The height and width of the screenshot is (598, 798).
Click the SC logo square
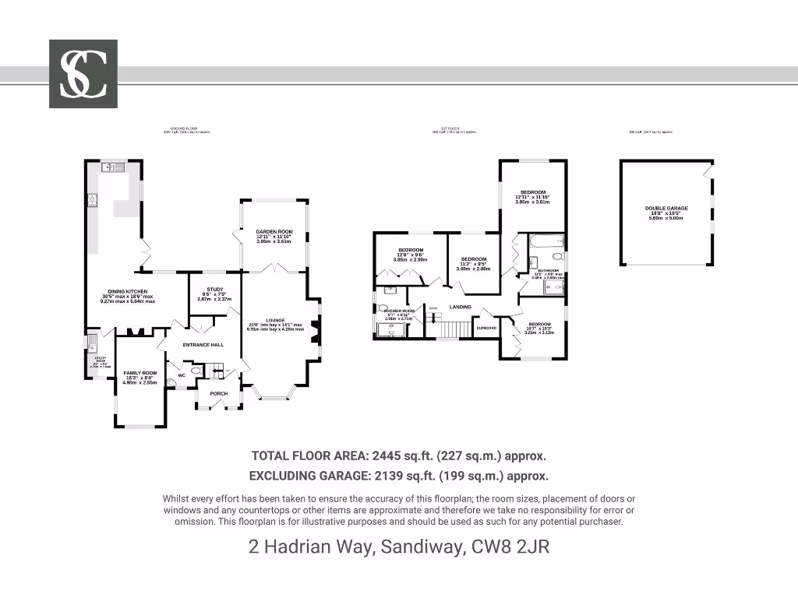pos(83,74)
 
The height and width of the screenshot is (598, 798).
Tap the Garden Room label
pos(274,231)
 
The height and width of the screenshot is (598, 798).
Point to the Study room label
pos(215,290)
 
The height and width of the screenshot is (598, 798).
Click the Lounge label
pos(276,320)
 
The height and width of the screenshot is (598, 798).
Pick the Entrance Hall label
pos(203,344)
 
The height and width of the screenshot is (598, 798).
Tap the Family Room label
pos(140,373)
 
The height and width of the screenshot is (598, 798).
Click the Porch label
pos(219,393)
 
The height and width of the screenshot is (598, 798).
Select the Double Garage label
pos(666,209)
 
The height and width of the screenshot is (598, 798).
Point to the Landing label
pos(461,307)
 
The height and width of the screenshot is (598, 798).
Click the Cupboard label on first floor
pos(486,328)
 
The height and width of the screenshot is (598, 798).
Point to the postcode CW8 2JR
pos(510,547)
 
